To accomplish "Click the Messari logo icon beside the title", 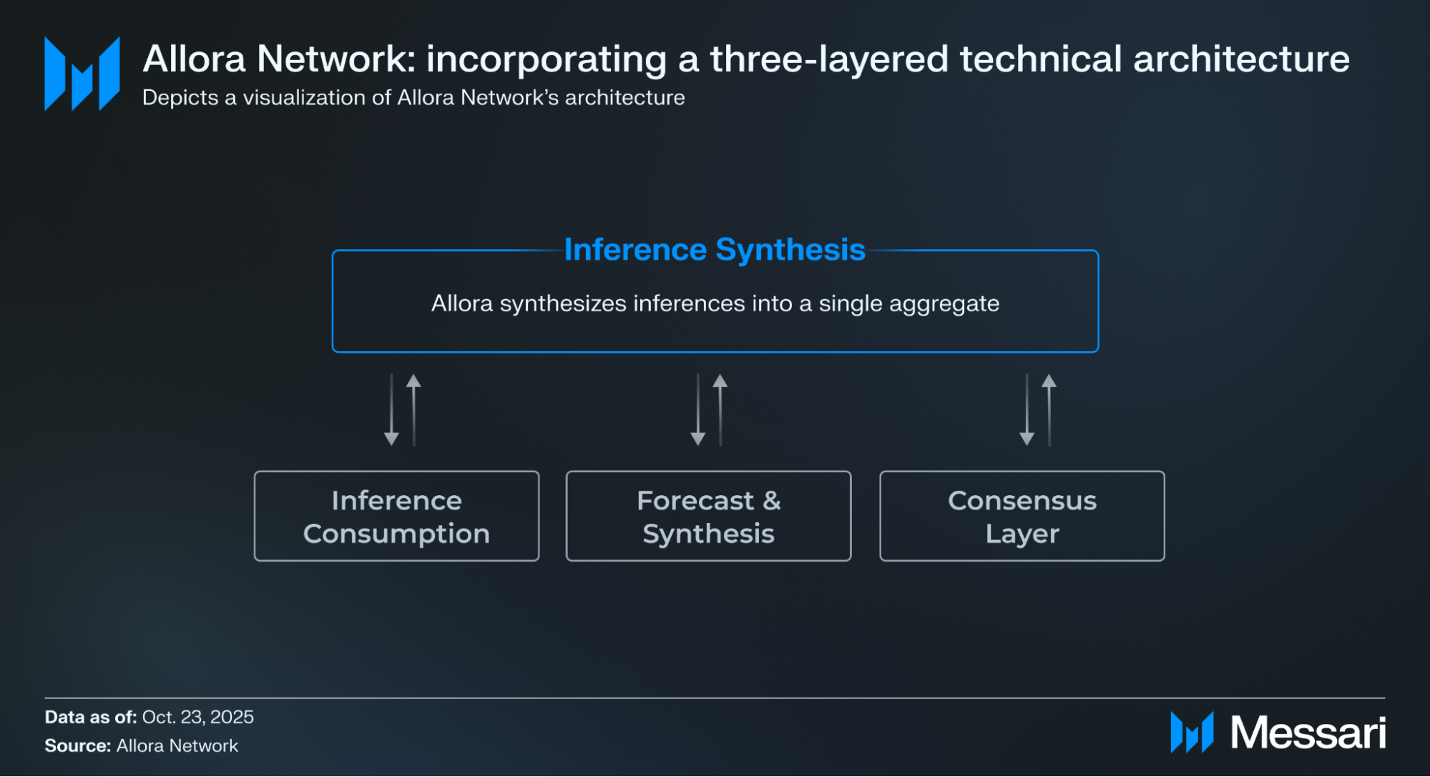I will [82, 74].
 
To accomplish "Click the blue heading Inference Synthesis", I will [715, 250].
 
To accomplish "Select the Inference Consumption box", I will [396, 516].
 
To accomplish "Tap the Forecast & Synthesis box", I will [708, 516].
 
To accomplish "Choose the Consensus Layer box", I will [1022, 516].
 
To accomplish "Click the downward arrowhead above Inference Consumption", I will [391, 439].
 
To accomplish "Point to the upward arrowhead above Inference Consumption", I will [413, 381].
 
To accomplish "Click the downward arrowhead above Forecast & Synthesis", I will [698, 439].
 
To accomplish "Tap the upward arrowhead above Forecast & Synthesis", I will [720, 381].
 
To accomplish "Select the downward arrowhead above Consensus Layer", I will [1027, 439].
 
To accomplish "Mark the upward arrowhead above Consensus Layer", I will [1049, 381].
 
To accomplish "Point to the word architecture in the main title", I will [1241, 59].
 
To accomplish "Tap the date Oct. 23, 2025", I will [197, 717].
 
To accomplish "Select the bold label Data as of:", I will [91, 717].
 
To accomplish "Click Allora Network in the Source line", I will [177, 746].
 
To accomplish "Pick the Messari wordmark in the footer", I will [1308, 733].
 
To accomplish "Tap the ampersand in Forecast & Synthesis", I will [771, 501].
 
